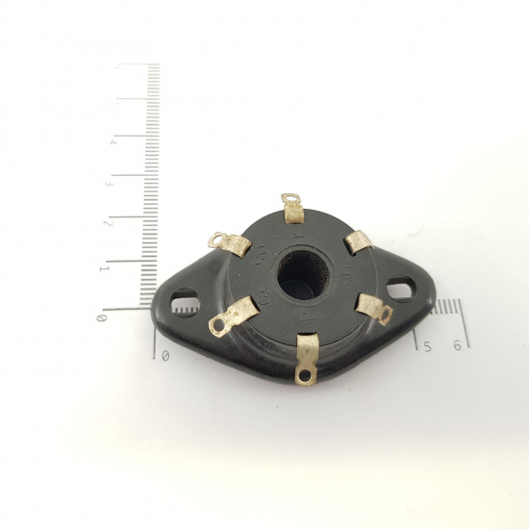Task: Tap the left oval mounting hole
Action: point(182,306)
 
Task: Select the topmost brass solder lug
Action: point(292,207)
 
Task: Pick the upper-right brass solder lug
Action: point(360,242)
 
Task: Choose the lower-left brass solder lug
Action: point(232,316)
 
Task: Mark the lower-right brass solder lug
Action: point(373,309)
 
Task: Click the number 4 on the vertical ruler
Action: point(113,142)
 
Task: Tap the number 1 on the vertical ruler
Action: point(104,268)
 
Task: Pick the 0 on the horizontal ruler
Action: point(166,355)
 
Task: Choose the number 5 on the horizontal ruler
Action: point(426,344)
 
